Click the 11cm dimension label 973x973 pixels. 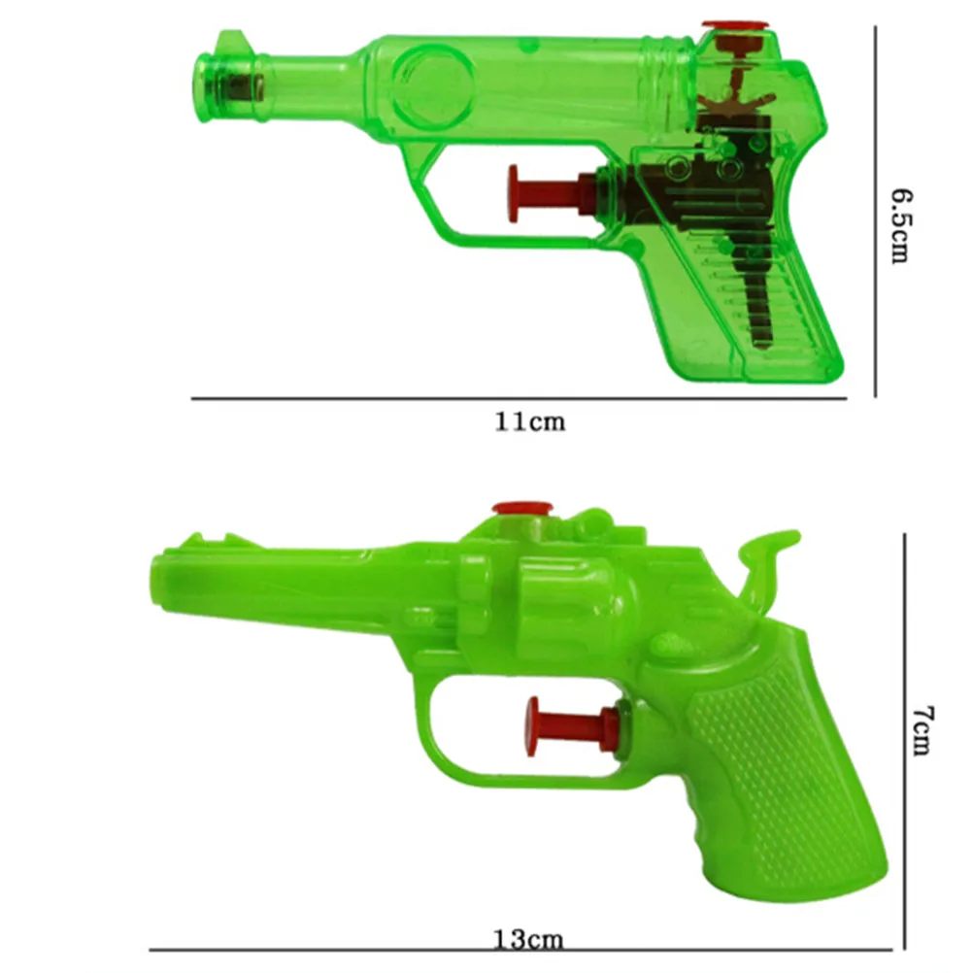(529, 421)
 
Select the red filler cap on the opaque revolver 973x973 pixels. (521, 507)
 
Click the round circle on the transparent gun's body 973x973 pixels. (434, 82)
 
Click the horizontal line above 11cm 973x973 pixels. (519, 398)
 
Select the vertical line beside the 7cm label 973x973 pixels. (905, 738)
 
